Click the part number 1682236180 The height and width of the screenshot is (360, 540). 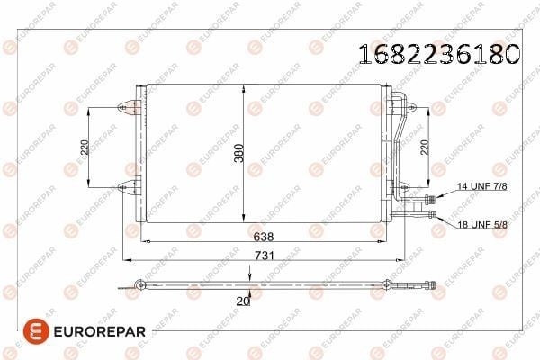coord(439,54)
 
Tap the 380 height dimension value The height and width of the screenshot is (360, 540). coord(239,153)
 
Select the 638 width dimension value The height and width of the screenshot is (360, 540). coord(264,237)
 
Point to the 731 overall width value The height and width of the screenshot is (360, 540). coord(265,256)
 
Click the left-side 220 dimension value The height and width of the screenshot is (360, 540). coord(85,147)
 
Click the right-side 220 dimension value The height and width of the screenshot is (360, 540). coord(425,147)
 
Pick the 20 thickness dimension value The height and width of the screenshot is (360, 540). coord(242,301)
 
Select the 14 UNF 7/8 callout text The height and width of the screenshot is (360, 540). coord(481,186)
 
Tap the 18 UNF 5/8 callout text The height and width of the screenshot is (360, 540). coord(482,225)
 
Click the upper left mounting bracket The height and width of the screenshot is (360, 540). coord(127,107)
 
